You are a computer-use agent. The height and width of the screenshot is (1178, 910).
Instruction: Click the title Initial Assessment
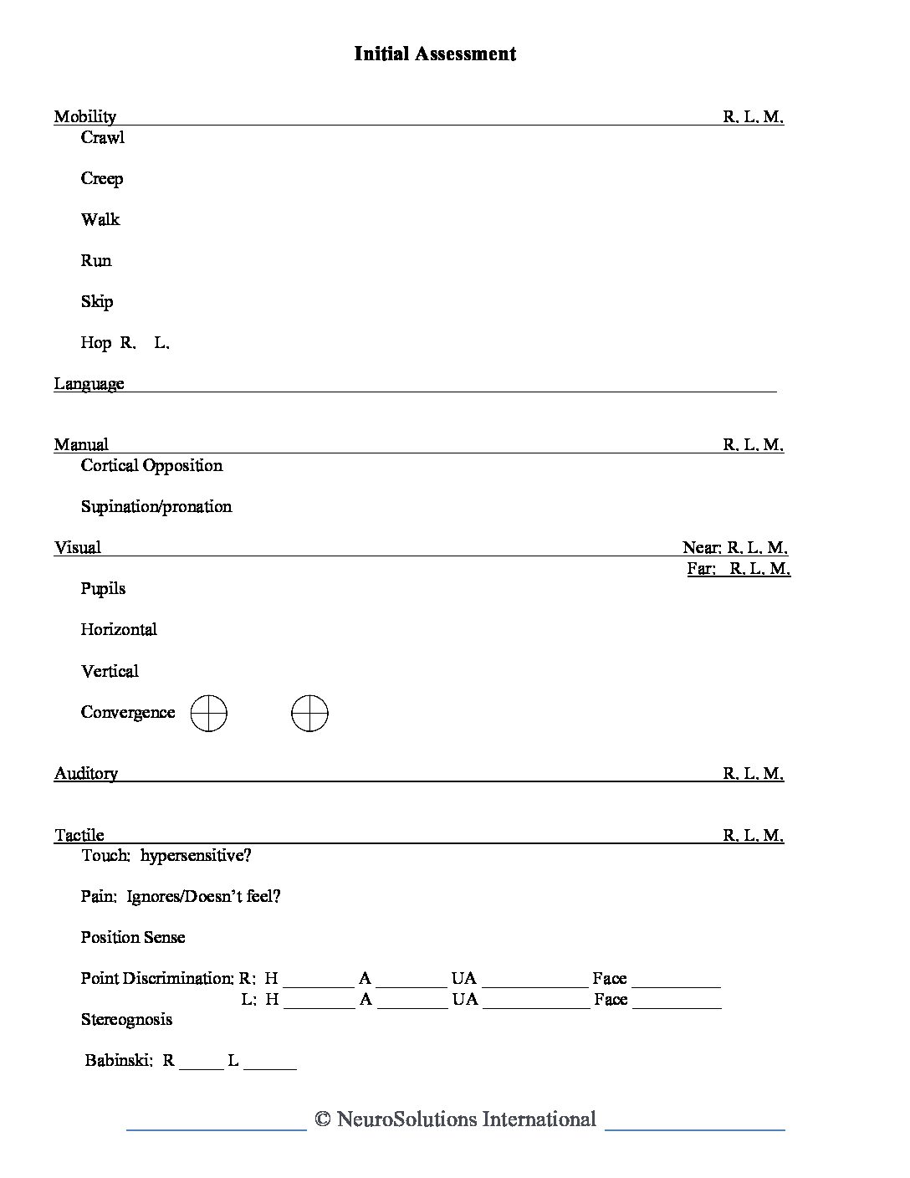[435, 54]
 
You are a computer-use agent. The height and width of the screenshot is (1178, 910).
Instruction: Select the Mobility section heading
[84, 116]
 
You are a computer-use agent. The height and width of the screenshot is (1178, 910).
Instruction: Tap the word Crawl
[102, 138]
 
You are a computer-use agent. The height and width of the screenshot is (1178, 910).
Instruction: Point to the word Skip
[97, 302]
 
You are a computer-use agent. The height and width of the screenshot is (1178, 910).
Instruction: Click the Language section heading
[89, 384]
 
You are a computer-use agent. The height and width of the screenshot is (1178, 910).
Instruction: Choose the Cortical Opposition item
[151, 466]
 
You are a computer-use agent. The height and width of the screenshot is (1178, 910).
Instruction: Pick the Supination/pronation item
[156, 507]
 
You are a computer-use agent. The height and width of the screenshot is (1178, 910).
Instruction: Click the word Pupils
[103, 589]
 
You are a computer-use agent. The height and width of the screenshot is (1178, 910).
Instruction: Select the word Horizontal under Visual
[119, 630]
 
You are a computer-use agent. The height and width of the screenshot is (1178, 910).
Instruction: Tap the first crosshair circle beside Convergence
[208, 714]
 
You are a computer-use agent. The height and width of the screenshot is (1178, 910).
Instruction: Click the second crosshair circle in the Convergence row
[309, 714]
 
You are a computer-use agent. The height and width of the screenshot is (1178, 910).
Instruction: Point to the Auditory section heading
[86, 774]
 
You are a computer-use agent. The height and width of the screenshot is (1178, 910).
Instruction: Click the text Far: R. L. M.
[739, 569]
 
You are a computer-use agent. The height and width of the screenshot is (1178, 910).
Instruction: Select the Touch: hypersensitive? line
[166, 856]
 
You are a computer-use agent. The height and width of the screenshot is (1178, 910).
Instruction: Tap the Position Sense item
[133, 938]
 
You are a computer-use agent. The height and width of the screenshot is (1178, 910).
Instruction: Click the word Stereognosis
[126, 1020]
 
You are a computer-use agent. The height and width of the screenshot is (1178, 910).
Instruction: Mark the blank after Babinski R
[202, 1063]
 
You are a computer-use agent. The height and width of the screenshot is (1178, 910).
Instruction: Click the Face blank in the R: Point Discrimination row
[676, 981]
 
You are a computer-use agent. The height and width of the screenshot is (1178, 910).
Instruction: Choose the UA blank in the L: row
[536, 1001]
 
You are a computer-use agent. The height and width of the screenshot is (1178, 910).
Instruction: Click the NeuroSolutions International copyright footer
[456, 1120]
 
